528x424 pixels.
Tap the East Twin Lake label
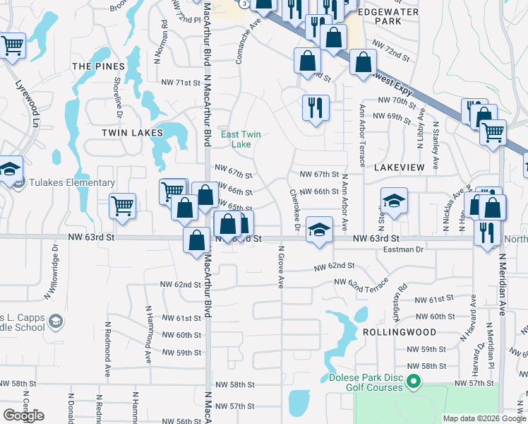point(236,139)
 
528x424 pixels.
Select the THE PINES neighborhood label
point(98,66)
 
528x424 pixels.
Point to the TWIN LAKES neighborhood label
point(132,132)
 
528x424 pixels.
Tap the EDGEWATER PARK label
point(388,16)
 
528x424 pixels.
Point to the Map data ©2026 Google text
point(484,418)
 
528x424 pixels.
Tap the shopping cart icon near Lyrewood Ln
point(13,46)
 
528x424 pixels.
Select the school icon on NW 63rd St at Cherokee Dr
point(319,230)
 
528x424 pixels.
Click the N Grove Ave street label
point(280,266)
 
